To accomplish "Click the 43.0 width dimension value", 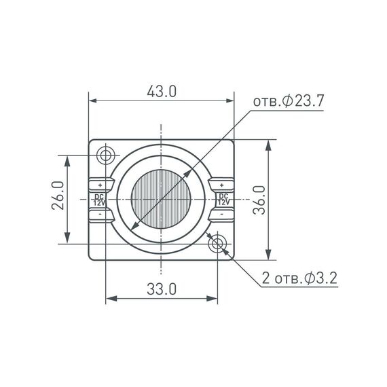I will click(162, 91).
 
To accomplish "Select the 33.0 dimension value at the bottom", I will click(162, 289).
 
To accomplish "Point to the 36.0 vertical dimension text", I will click(258, 200).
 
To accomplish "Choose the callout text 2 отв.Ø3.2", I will click(299, 278).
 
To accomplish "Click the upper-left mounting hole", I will click(106, 155).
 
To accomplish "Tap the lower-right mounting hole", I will click(217, 242).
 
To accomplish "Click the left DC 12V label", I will click(99, 199).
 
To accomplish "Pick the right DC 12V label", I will click(223, 199).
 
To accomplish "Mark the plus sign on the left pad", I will click(100, 185).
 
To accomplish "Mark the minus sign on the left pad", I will click(100, 214).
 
